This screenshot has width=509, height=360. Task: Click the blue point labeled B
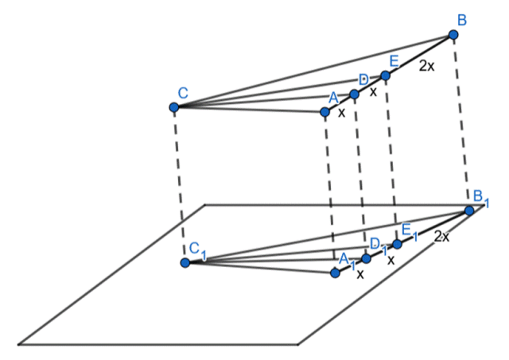coord(453,35)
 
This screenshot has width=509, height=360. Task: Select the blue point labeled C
coord(174,107)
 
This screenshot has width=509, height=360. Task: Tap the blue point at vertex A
coord(324,112)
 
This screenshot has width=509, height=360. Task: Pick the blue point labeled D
coord(355,94)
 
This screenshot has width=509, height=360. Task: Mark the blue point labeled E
coord(385,75)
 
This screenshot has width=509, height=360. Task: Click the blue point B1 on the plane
coord(469,210)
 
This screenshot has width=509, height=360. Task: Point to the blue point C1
coord(185,262)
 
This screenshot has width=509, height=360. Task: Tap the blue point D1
coord(366,258)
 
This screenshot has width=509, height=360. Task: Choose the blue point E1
coord(397,244)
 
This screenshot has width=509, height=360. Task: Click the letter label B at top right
coord(461,17)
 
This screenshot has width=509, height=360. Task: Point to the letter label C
coord(182,93)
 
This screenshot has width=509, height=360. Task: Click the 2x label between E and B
coord(427,67)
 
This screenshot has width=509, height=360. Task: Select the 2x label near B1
coord(442,236)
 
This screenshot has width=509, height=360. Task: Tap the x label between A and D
coord(341,113)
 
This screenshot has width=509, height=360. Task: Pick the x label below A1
coord(359,274)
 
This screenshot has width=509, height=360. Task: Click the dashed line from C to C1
coord(180,184)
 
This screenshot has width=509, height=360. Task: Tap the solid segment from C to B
coord(313,72)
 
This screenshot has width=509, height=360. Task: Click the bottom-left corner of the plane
coord(19,344)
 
